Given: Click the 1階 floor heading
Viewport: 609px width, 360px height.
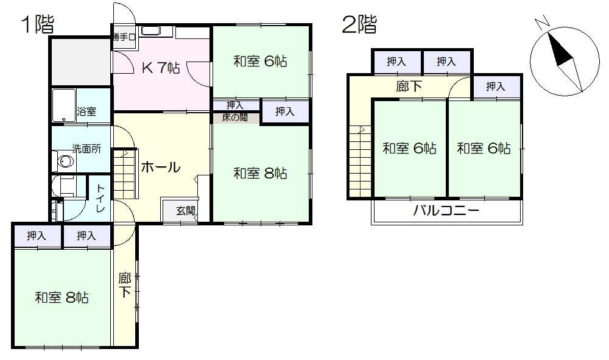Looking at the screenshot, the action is coord(38,24).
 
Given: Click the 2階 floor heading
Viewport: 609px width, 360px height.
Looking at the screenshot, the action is coord(359,24).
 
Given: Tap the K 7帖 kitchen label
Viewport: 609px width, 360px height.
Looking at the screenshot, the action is coord(161,68).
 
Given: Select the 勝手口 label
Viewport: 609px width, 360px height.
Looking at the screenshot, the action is coord(124,38).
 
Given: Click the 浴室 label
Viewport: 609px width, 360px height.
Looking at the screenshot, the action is coord(86,112).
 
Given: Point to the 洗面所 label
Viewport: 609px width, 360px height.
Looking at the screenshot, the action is coord(86,149).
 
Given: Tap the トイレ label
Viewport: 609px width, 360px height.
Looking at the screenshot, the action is coord(100,198).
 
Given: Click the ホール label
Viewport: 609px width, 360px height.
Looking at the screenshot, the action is coord(161,168).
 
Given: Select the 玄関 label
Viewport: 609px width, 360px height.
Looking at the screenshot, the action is coord(186,211).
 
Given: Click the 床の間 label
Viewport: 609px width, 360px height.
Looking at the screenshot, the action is coord(235,118).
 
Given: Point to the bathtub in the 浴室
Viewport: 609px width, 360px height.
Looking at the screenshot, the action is coord(64,105).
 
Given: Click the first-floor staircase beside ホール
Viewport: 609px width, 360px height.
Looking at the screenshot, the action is coord(125,174).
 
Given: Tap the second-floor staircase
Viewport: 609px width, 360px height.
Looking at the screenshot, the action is coord(361,161).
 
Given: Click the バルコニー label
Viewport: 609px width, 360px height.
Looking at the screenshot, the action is coord(446,211).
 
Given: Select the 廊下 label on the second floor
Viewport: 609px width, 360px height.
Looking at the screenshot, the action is coord(409,86).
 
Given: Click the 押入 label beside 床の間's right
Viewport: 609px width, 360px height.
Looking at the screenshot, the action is coord(285,112).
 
